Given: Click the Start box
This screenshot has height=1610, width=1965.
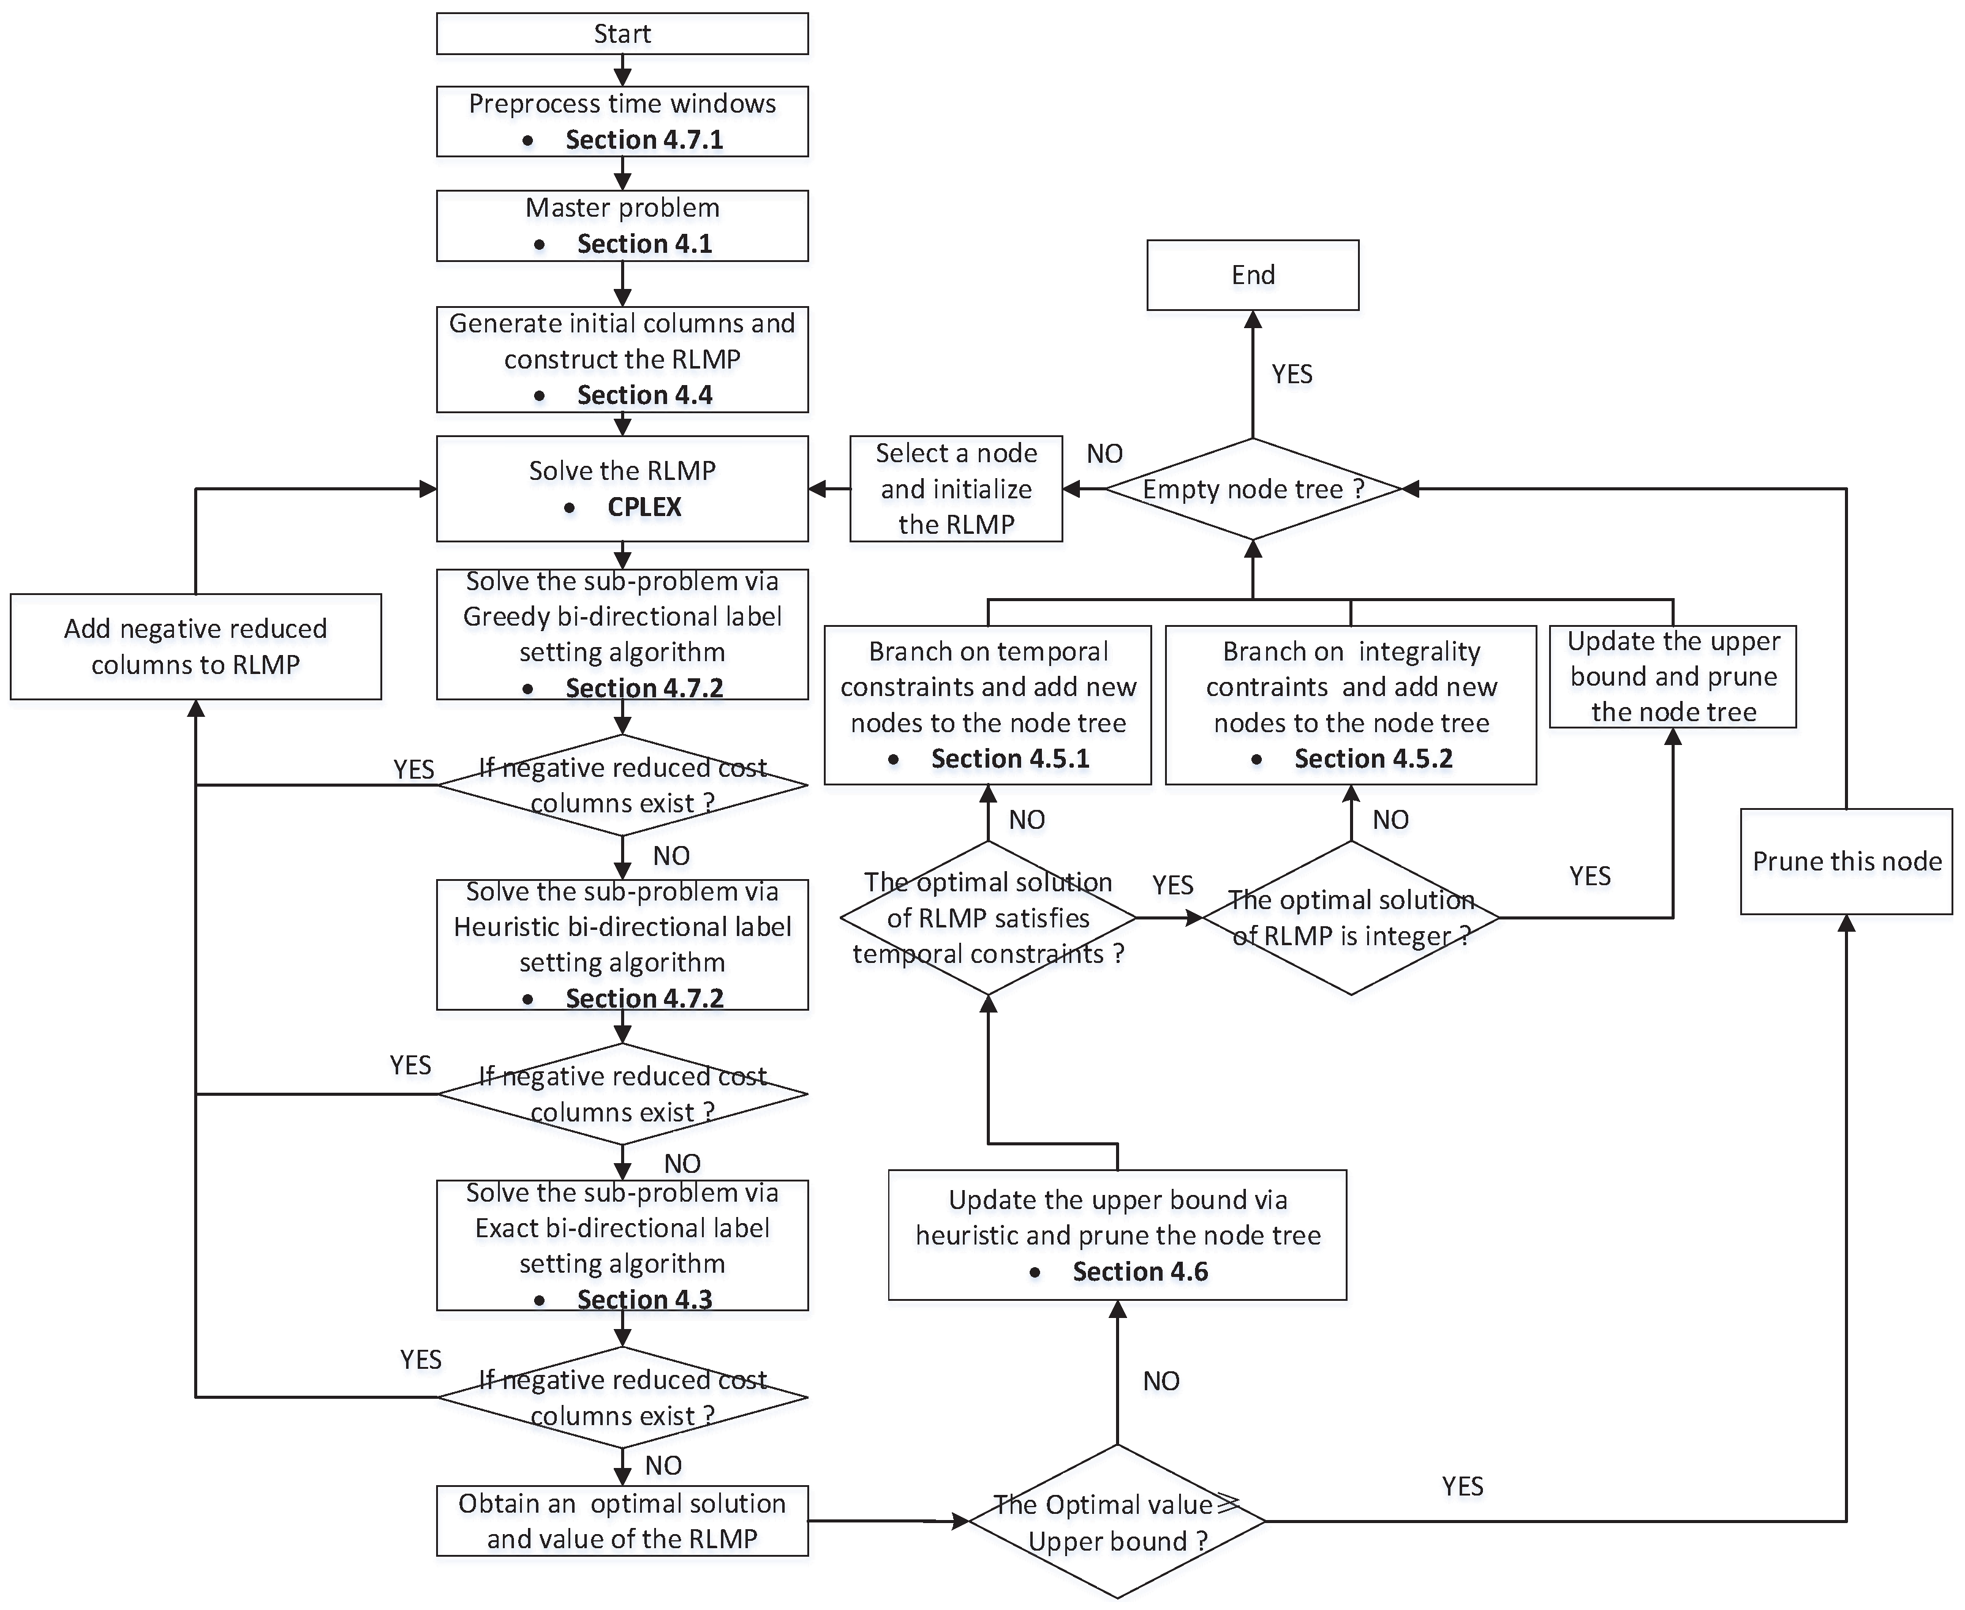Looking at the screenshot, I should click(622, 34).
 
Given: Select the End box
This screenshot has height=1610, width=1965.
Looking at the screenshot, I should click(1253, 274).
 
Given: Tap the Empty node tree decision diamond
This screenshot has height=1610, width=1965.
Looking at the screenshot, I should click(1253, 489).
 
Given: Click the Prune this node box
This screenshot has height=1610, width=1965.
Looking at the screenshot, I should click(1846, 861).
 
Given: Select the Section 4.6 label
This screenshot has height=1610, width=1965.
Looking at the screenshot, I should click(1139, 1271).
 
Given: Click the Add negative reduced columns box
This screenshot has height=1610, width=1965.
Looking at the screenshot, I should click(196, 646).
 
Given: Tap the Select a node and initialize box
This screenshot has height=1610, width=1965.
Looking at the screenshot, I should click(956, 489).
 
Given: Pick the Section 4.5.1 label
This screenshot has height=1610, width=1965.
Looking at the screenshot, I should click(1009, 758).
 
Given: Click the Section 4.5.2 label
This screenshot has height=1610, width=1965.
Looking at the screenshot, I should click(1373, 758).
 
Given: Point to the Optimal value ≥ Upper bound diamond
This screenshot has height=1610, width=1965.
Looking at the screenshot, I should click(1117, 1521).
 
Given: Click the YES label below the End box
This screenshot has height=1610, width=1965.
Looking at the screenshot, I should click(1291, 374).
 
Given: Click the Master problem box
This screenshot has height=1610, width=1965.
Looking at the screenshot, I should click(622, 225).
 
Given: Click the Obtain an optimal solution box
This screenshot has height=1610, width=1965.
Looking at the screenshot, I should click(622, 1521).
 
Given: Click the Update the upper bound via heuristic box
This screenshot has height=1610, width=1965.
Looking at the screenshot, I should click(1117, 1234).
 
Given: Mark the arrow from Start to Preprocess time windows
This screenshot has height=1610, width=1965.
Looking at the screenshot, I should click(622, 70).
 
